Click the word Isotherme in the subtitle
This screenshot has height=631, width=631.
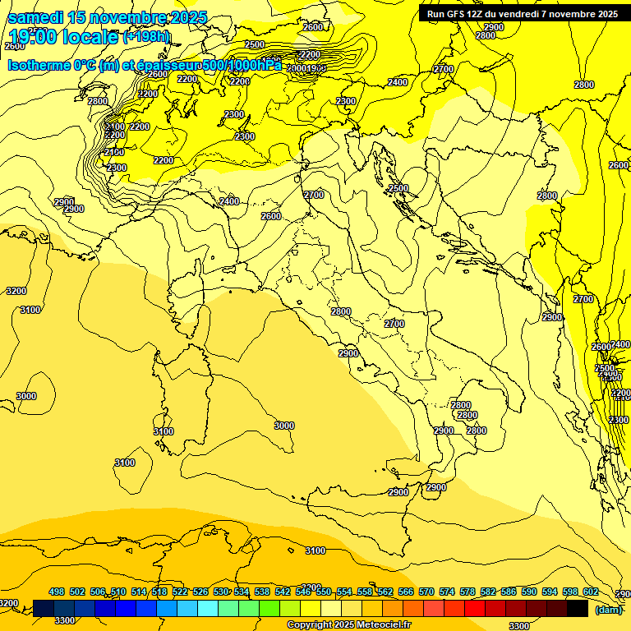[38, 65]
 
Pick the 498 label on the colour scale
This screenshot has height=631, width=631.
[57, 592]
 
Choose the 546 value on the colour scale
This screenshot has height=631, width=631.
[303, 592]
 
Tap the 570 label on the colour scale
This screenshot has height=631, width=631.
[426, 592]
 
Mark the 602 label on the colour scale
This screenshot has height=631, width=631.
[590, 592]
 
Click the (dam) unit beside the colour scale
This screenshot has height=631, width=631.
[608, 609]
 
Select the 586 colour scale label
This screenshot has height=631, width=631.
[509, 592]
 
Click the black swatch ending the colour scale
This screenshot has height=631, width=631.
[578, 608]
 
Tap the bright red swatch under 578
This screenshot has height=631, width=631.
[475, 608]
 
